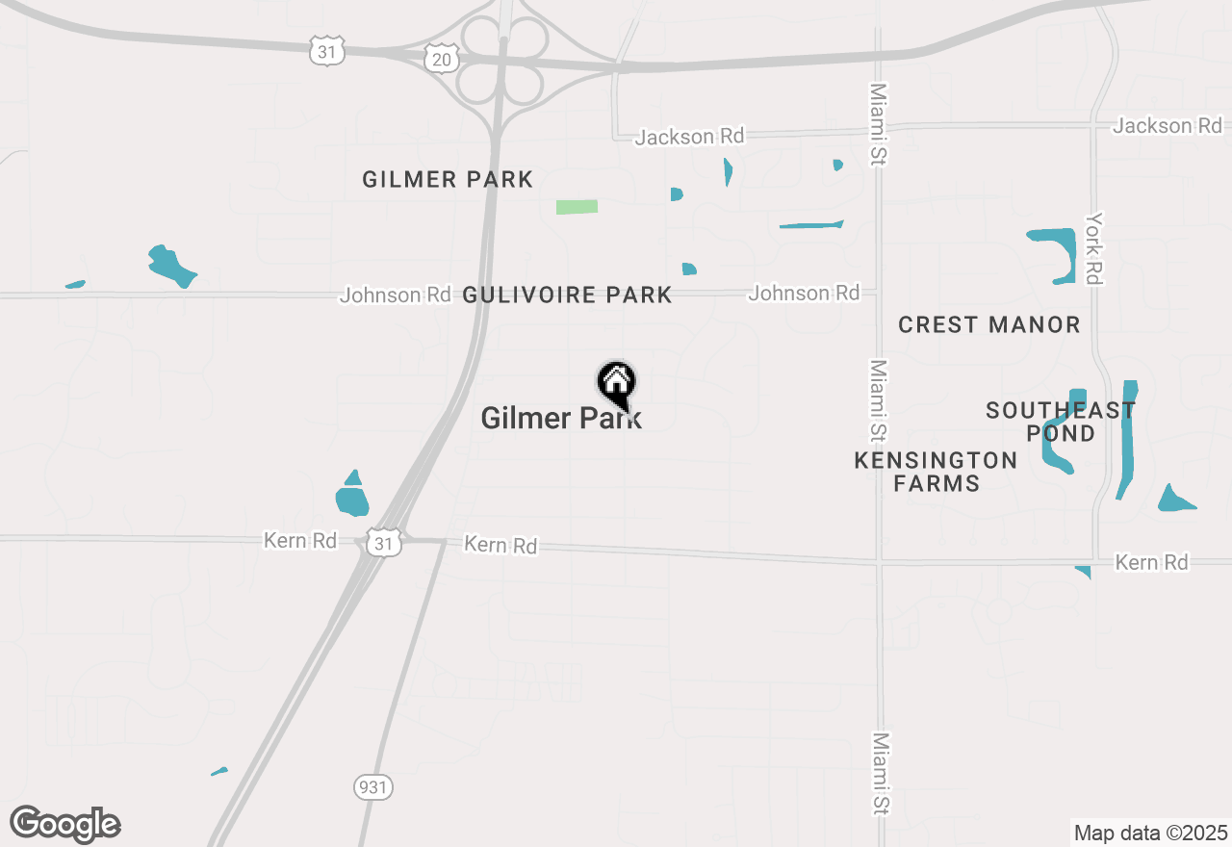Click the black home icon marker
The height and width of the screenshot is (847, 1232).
coord(616,382)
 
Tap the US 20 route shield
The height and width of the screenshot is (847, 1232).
coord(442,59)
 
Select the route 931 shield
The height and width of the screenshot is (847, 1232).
coord(372,786)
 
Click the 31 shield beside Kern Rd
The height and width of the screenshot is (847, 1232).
coord(384,544)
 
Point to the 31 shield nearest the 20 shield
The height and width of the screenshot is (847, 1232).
coord(327,51)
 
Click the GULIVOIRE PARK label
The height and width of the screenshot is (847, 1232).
coord(567,295)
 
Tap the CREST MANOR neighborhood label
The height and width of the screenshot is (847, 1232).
coord(988,325)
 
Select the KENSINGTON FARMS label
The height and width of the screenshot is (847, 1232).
coord(936,472)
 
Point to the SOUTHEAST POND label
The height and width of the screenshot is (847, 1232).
coord(1061,422)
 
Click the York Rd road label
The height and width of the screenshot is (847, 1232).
coord(1092,248)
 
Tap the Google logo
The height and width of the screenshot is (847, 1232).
coord(65,824)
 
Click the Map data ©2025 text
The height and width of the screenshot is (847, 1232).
coord(1151,833)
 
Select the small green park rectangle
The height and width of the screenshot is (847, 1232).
coord(577,207)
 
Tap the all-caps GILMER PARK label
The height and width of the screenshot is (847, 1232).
coord(448,180)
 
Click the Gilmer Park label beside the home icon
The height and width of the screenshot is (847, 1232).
coord(560,418)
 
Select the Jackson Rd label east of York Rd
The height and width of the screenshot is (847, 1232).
coord(1168,126)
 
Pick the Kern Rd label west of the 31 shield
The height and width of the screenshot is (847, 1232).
coord(300,541)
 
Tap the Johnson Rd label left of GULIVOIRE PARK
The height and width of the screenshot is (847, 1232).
coord(395,295)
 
